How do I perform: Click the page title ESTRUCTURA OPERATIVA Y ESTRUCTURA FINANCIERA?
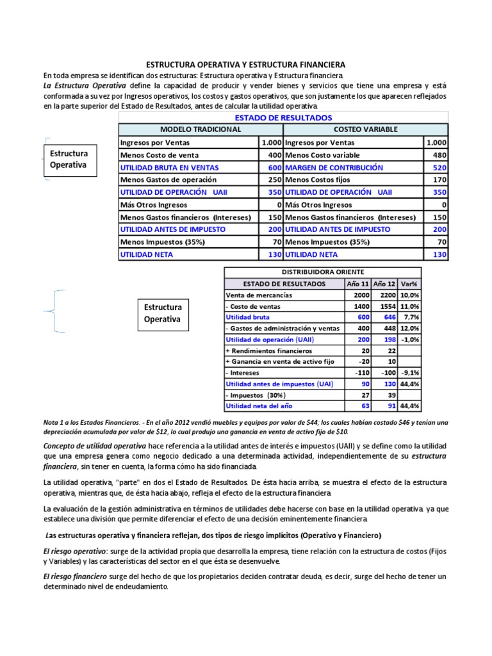(246, 65)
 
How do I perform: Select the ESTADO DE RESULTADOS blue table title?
(283, 118)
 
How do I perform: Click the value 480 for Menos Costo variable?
(439, 155)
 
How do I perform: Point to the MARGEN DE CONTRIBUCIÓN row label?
(334, 167)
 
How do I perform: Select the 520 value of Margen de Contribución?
(439, 167)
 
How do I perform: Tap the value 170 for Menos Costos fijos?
(439, 180)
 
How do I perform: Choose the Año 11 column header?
(357, 284)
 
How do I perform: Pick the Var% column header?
(409, 284)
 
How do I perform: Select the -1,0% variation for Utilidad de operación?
(410, 340)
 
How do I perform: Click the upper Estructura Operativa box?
(69, 160)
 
